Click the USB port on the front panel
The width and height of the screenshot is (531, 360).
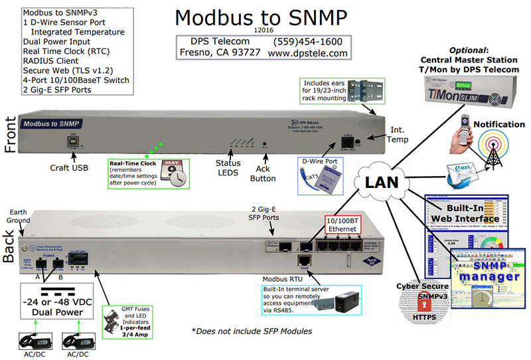click(x=70, y=142)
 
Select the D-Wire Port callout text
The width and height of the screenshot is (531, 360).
click(x=320, y=161)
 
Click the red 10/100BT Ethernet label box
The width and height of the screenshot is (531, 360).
click(x=344, y=225)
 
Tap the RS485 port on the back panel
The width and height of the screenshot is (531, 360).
click(x=303, y=261)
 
